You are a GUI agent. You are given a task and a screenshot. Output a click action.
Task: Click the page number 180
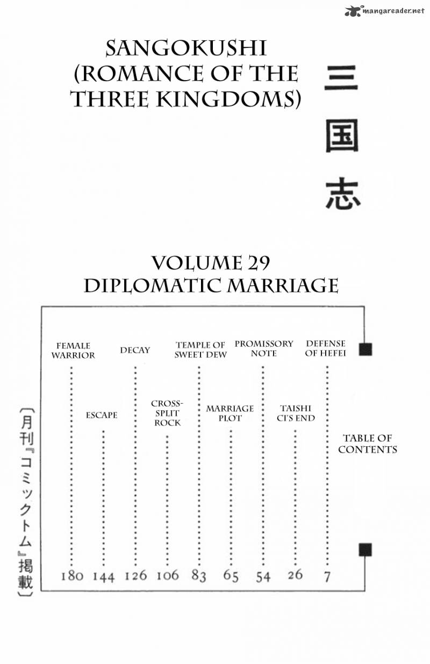click(71, 576)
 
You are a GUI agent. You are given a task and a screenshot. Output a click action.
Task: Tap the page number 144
click(104, 577)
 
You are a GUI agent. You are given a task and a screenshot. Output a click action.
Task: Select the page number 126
click(136, 576)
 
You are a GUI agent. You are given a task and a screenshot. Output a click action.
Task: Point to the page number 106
click(168, 575)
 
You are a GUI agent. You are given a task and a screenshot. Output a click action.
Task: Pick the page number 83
click(198, 576)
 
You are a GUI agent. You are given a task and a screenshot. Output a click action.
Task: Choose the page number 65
click(231, 576)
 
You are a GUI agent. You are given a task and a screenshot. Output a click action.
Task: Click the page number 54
click(263, 577)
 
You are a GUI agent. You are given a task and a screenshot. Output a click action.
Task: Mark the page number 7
click(327, 577)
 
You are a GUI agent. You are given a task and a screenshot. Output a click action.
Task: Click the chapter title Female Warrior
click(73, 351)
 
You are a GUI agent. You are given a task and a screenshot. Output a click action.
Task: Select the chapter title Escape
click(102, 415)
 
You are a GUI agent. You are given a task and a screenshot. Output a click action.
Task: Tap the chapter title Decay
click(135, 350)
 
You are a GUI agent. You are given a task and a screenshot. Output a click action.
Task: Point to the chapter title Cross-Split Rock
click(167, 413)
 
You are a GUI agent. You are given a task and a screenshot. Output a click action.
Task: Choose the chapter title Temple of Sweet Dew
click(200, 350)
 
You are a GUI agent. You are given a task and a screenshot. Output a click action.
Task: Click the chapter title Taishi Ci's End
click(296, 413)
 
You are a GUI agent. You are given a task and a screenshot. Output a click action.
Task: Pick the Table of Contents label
click(368, 444)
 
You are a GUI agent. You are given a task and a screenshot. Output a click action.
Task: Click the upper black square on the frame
click(365, 349)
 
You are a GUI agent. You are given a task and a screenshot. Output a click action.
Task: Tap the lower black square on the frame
click(365, 550)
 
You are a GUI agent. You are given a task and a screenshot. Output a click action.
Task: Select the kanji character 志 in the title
click(342, 193)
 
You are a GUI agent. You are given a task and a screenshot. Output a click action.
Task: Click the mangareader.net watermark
click(385, 11)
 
